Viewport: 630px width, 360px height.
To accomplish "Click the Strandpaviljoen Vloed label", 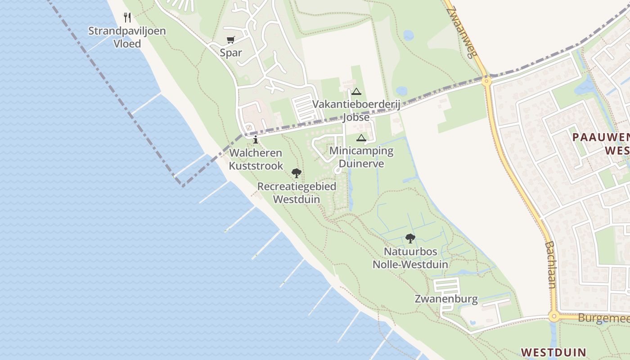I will [x=127, y=37].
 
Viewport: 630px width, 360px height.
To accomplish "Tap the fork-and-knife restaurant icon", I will [x=127, y=18].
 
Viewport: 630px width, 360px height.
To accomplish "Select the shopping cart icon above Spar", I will [x=231, y=40].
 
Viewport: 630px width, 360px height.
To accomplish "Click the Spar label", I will [x=231, y=53].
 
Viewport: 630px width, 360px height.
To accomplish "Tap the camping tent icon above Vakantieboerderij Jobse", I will [x=356, y=92].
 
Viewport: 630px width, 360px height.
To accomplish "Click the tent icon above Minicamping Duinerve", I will [x=361, y=138].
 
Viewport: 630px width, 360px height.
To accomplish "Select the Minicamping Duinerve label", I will [x=361, y=157].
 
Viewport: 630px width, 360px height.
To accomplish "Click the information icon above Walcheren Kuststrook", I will [x=256, y=139].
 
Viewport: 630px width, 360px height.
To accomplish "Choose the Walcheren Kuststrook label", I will [x=256, y=159].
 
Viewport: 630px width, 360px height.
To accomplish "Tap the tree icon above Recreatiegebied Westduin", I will [x=296, y=173].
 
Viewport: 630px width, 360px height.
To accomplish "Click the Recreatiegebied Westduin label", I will [x=297, y=193].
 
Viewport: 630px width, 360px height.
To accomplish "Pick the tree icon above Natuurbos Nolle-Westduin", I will [x=410, y=238].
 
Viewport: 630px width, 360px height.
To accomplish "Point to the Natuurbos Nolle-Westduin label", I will [x=410, y=258].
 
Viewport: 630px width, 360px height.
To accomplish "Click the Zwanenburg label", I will [x=446, y=299].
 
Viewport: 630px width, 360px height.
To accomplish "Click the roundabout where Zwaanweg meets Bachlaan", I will [x=486, y=81].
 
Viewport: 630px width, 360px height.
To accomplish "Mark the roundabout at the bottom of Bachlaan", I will [x=554, y=316].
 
